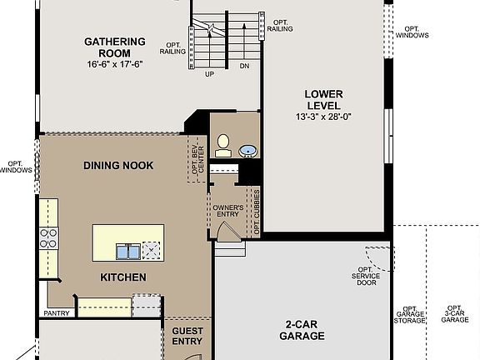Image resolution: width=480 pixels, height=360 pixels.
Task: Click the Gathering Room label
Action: [115, 47]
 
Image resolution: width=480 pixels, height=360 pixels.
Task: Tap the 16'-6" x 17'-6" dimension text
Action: [115, 64]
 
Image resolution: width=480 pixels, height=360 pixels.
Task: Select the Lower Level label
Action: [322, 100]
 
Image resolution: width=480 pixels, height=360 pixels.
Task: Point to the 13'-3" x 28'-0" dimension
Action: [322, 117]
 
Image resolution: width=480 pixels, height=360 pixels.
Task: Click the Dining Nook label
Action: [118, 166]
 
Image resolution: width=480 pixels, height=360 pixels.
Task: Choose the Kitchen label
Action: [123, 277]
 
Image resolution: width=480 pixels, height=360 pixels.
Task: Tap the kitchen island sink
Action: [127, 251]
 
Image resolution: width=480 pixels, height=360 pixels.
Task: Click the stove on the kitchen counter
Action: [49, 239]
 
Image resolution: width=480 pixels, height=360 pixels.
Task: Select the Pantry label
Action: [56, 314]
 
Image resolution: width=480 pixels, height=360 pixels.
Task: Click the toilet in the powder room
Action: [223, 147]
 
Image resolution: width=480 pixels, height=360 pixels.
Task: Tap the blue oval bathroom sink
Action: [247, 152]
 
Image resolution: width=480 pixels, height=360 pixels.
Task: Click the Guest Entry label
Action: [187, 336]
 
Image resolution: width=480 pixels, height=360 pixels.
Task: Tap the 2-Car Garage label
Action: [301, 331]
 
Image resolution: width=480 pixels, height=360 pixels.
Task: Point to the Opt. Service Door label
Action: [364, 276]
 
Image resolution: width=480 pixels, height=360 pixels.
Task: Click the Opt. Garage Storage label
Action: [409, 313]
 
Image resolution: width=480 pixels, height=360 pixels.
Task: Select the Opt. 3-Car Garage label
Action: [454, 313]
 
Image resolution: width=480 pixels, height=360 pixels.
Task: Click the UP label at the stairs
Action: [210, 73]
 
